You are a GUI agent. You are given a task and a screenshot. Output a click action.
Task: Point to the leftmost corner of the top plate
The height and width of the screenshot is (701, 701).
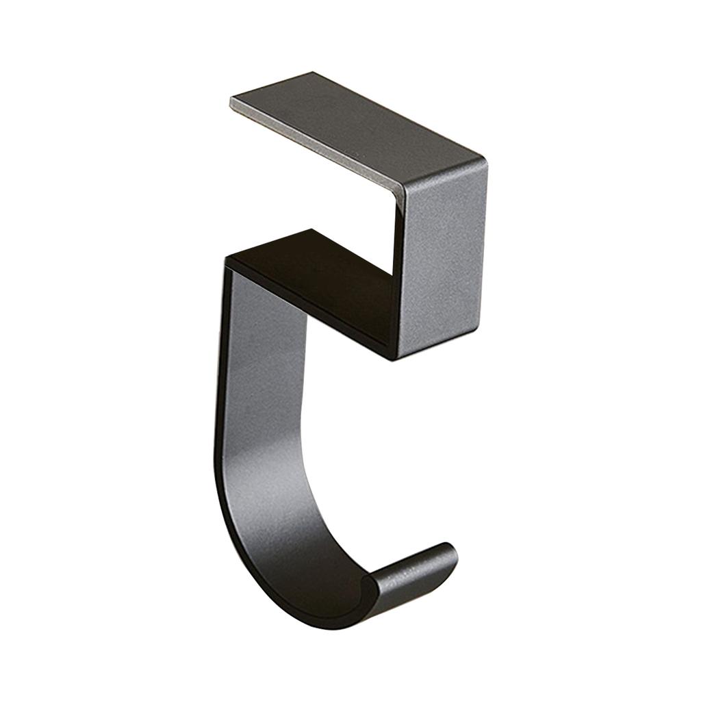tap(231, 101)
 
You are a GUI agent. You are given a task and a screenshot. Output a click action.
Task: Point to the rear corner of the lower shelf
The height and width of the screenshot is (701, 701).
tap(311, 230)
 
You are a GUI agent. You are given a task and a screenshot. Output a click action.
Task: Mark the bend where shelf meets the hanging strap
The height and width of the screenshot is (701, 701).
tap(229, 264)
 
